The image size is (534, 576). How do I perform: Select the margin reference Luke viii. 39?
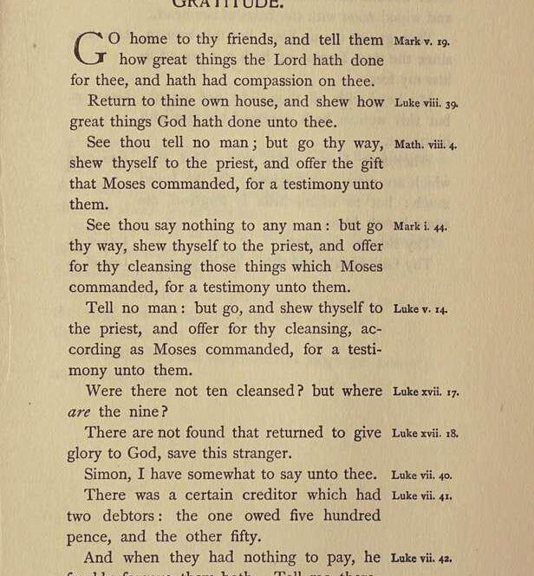pyautogui.click(x=427, y=103)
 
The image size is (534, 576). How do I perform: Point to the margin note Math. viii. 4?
pyautogui.click(x=426, y=144)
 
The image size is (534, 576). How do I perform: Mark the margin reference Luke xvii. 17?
pyautogui.click(x=427, y=392)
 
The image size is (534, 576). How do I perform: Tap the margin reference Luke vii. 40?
pyautogui.click(x=421, y=475)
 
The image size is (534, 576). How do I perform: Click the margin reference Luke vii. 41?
pyautogui.click(x=421, y=495)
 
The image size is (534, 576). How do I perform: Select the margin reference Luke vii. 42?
pyautogui.click(x=422, y=559)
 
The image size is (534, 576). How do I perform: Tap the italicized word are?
pyautogui.click(x=79, y=412)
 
